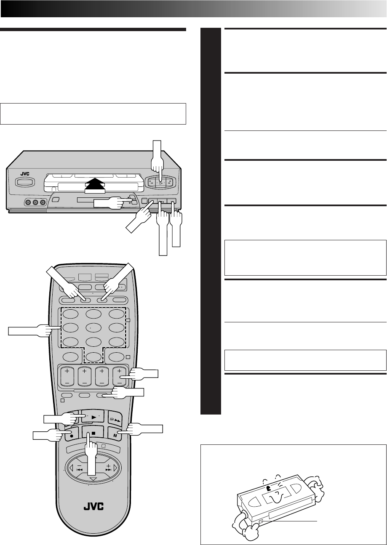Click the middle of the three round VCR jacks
[x=35, y=202]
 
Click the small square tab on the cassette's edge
[x=261, y=521]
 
